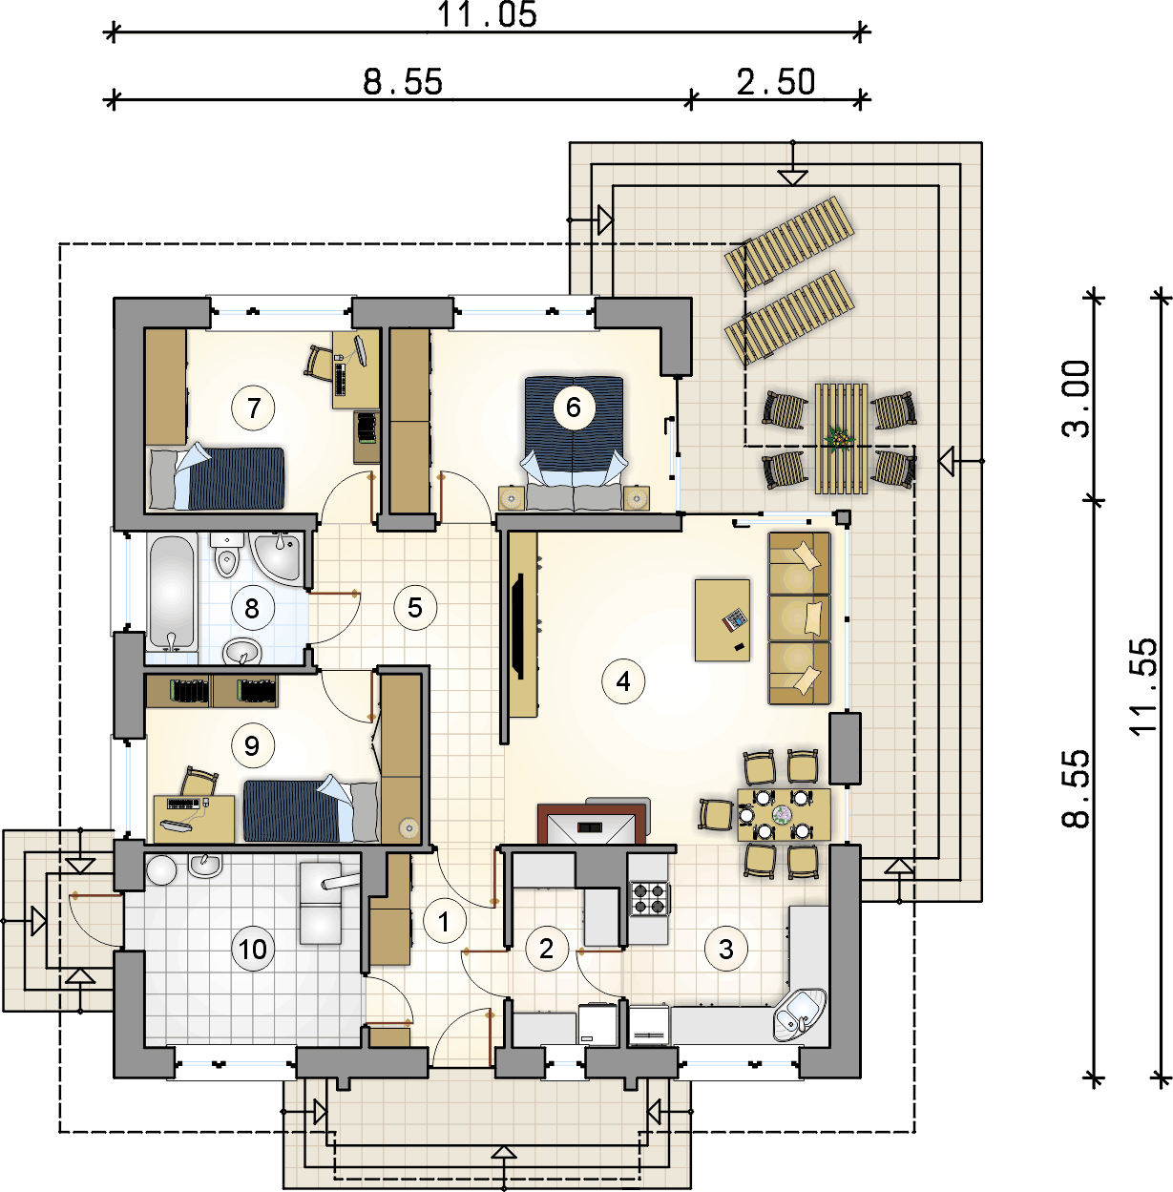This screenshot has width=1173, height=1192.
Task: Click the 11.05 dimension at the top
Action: pos(487,15)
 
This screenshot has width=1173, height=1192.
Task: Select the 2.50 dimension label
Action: pos(776,82)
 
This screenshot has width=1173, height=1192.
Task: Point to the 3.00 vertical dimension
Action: pos(1076,399)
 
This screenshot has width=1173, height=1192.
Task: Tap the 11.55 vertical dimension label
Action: pos(1143,685)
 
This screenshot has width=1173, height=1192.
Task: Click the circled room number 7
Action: pos(252,408)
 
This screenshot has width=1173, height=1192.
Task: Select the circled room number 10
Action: pos(252,949)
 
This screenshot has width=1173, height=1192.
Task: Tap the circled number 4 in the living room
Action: pos(623,681)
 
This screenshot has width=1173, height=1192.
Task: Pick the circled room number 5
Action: pos(414,607)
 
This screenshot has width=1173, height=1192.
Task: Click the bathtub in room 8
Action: pos(172,594)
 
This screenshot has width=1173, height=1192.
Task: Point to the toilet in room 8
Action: pos(226,556)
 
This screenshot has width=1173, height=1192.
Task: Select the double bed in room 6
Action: pos(574,443)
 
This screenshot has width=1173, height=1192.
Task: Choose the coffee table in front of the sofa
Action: pos(722,619)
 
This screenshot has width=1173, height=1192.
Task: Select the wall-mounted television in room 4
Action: pos(518,626)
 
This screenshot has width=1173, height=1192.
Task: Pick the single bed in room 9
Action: pos(310,811)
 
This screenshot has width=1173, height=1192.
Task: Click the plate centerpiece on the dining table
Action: pos(784,815)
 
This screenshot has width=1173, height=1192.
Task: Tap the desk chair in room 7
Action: pos(319,362)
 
